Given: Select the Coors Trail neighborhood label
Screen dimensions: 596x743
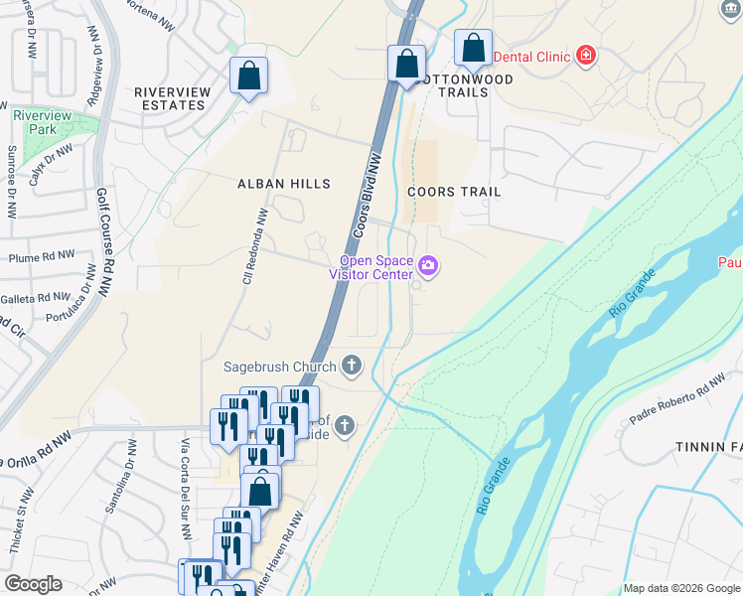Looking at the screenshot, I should [454, 192].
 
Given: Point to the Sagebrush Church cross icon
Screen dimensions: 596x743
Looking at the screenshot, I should [351, 367].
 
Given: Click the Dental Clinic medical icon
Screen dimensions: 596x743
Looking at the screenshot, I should [585, 56].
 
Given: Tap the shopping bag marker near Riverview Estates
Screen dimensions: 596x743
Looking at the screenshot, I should [248, 76].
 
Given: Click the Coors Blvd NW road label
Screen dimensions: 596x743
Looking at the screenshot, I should [364, 193].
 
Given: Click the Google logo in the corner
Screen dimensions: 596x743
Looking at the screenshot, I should [33, 584].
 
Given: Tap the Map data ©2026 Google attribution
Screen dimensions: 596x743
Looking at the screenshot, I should [680, 588].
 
